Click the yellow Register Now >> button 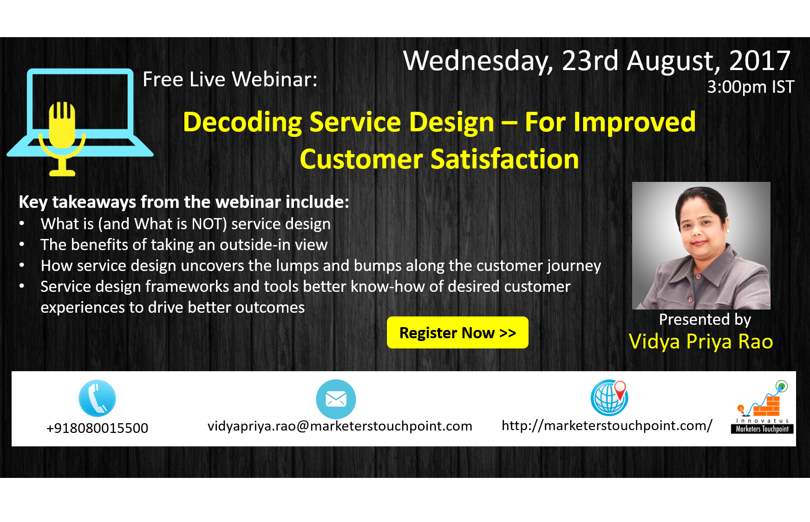tap(457, 333)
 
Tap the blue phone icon tap(97, 398)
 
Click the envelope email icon tap(336, 399)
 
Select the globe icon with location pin tap(609, 398)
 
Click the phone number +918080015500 tap(97, 428)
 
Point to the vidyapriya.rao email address tap(340, 426)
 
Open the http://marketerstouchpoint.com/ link tap(607, 425)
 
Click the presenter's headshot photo tap(701, 245)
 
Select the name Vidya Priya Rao tap(700, 342)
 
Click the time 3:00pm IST tap(750, 87)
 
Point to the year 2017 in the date tap(759, 61)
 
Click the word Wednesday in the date tap(478, 61)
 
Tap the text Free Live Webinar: tap(230, 79)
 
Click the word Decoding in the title tap(242, 122)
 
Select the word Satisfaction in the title tap(505, 159)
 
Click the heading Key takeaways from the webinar tap(183, 202)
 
